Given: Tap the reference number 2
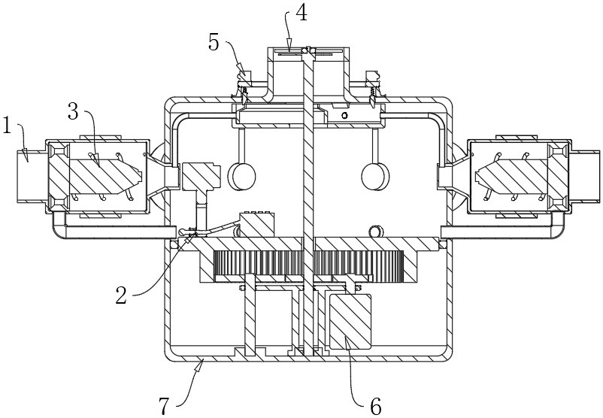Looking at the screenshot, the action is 121,295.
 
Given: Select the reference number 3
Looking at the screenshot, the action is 73,111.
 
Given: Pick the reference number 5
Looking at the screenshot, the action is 214,42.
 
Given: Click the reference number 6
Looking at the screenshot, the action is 375,406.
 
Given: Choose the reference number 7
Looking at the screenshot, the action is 165,406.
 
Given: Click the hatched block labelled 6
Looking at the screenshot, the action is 350,322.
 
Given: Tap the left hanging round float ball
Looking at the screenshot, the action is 242,176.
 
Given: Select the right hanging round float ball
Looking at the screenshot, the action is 375,176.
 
